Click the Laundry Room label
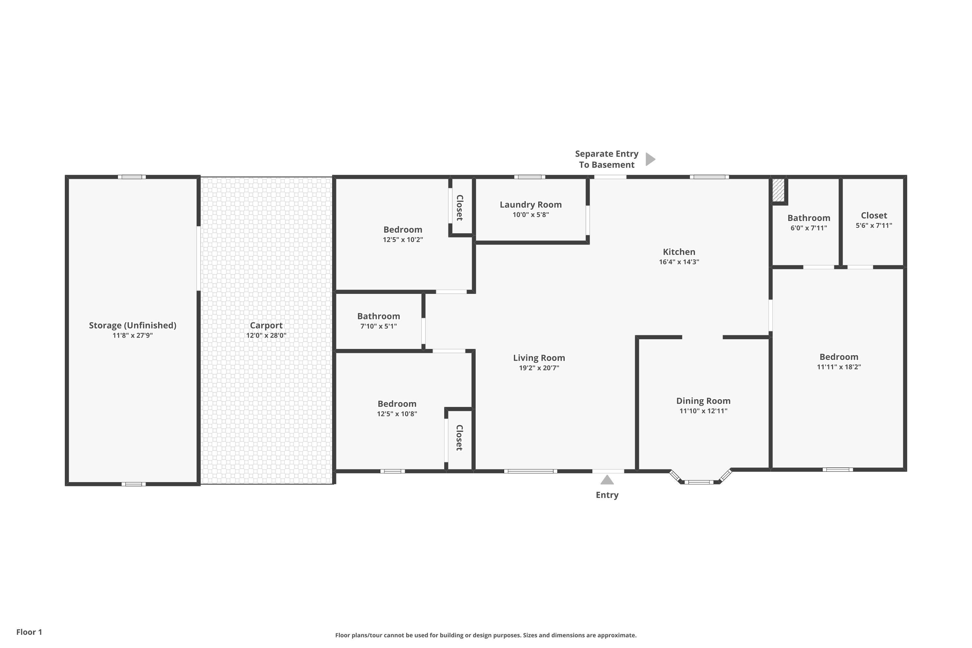coord(531,204)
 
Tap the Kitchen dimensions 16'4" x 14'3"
coord(679,261)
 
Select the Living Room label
coord(539,358)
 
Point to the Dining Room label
coord(703,401)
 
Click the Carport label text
coord(266,326)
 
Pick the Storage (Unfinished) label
coord(133,325)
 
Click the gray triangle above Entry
coord(607,480)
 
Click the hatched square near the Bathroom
coord(778,190)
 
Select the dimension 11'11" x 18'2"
coord(839,366)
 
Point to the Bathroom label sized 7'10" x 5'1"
coord(378,316)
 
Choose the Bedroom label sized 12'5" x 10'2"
coord(403,230)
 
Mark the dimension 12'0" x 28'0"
coord(266,335)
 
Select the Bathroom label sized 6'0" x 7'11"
coord(809,218)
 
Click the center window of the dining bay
coord(699,482)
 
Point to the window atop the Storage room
coord(132,177)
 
